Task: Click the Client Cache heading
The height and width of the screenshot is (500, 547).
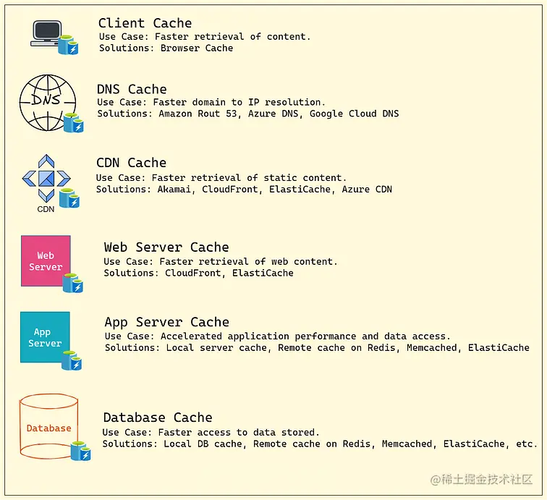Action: [x=145, y=23]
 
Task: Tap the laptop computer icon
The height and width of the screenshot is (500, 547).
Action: [x=48, y=33]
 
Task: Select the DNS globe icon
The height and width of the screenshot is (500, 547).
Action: [x=46, y=102]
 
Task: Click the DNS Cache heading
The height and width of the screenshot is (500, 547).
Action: [x=132, y=89]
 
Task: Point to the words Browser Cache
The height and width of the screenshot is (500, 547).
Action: [x=197, y=48]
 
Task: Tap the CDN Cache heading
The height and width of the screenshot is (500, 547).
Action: [x=131, y=163]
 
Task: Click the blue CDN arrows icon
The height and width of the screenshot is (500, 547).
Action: [x=46, y=178]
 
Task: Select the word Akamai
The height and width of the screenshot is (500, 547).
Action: [x=174, y=189]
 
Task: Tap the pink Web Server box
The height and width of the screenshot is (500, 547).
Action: [x=46, y=260]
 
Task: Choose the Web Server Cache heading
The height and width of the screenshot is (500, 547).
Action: [x=166, y=247]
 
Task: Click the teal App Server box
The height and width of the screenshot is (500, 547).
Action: [x=45, y=337]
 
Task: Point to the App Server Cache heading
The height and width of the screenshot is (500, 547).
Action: [x=166, y=322]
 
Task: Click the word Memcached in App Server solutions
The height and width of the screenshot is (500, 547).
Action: [x=432, y=347]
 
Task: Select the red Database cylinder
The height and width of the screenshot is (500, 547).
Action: [x=48, y=427]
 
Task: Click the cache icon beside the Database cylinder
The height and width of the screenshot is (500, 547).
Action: [x=80, y=451]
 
